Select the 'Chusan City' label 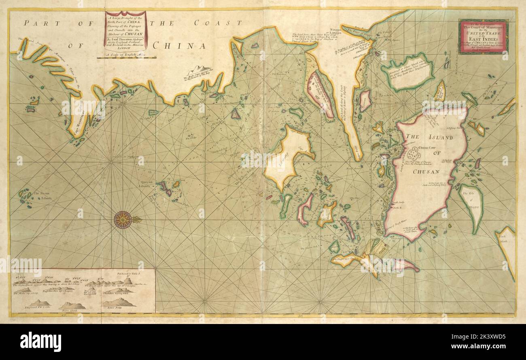click(x=429, y=148)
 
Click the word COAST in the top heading click(x=218, y=23)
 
